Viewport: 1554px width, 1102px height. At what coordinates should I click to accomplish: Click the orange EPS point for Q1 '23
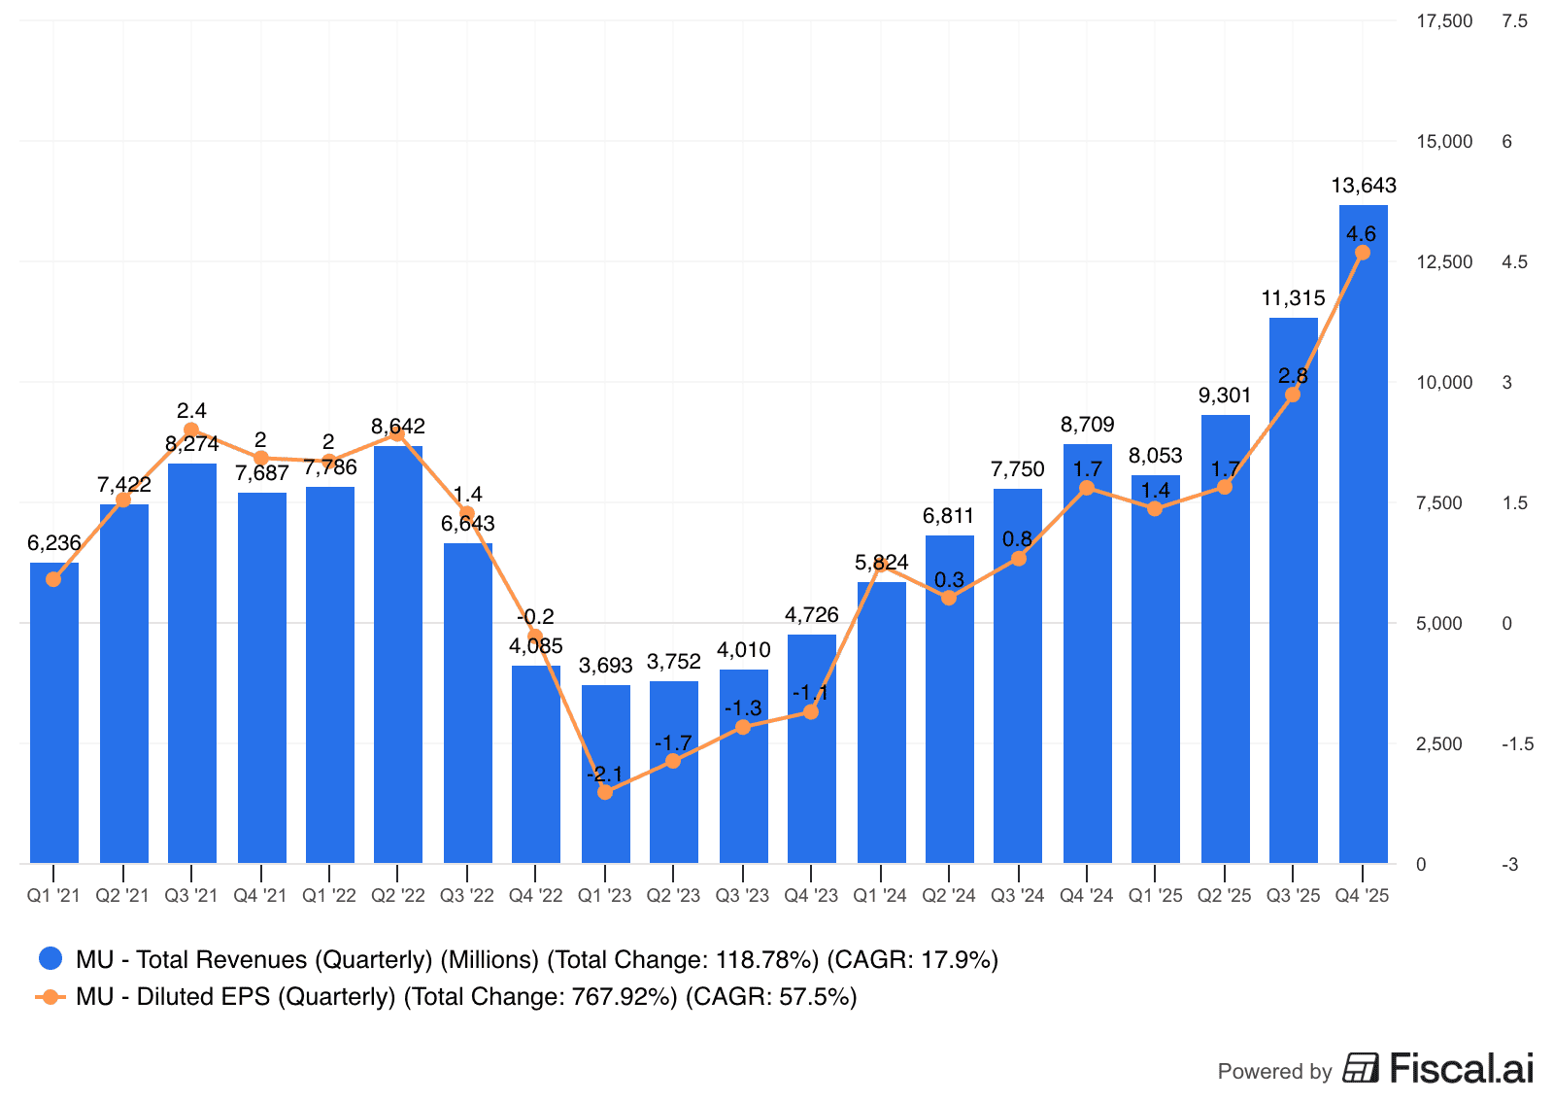(605, 792)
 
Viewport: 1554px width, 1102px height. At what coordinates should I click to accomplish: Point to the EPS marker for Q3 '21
(191, 430)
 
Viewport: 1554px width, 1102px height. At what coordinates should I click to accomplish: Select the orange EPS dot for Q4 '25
(1363, 253)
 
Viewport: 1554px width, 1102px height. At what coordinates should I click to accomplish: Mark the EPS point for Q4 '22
(535, 636)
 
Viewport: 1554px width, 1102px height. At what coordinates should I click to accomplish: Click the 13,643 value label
(1363, 186)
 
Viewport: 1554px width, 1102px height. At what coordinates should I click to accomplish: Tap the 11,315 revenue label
(1293, 298)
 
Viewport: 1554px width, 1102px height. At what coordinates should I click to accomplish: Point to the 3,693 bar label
(605, 666)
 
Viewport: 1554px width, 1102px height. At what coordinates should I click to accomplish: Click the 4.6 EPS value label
(1361, 234)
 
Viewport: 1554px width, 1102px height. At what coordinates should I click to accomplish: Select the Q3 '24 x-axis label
(1017, 895)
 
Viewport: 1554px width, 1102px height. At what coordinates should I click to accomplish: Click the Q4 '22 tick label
(535, 895)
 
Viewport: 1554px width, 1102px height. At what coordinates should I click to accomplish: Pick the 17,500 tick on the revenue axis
(1444, 21)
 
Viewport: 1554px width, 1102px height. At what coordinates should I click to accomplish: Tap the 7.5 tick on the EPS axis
(1513, 21)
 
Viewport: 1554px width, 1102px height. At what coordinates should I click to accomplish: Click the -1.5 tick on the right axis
(1517, 744)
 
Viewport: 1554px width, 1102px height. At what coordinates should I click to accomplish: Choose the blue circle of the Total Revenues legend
(51, 959)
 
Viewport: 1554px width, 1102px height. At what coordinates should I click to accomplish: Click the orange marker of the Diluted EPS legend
(51, 997)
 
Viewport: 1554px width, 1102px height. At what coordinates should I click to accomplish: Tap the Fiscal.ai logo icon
(1361, 1068)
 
